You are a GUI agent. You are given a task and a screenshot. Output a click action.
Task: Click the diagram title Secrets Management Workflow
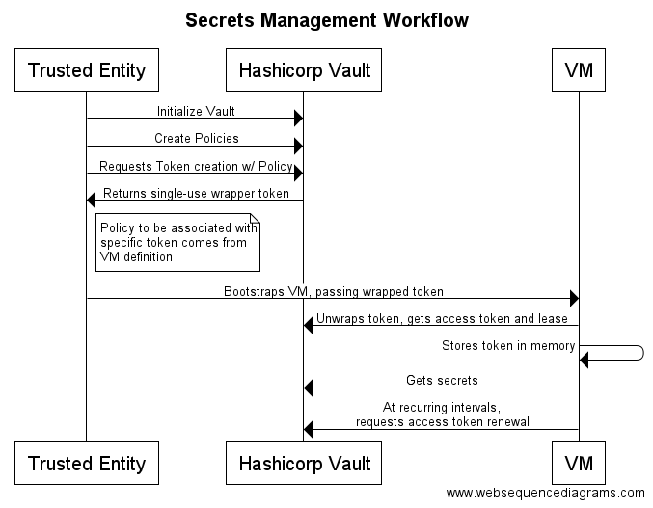[327, 20]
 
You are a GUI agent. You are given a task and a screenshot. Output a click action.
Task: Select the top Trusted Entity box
[87, 70]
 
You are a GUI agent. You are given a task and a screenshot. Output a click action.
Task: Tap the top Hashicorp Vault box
[304, 70]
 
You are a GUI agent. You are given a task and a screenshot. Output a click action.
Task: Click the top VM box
[579, 70]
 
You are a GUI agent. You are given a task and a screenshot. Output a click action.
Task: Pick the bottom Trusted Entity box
[87, 463]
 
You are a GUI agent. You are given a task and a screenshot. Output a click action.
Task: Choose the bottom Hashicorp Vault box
[304, 463]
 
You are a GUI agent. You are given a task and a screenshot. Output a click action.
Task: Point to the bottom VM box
[579, 463]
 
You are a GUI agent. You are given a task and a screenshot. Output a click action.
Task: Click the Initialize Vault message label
[196, 111]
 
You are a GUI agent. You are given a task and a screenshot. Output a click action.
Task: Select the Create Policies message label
[197, 138]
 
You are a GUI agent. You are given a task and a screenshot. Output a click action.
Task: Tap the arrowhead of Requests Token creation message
[299, 174]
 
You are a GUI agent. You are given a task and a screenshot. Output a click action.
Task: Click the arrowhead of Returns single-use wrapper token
[91, 201]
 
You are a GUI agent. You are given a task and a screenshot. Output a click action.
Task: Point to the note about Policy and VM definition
[177, 242]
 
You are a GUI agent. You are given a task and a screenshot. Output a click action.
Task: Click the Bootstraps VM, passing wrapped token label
[334, 291]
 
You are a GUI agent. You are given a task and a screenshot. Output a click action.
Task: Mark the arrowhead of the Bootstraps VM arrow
[574, 298]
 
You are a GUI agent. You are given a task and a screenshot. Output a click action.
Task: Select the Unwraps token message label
[442, 319]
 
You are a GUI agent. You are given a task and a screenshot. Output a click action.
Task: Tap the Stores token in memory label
[508, 346]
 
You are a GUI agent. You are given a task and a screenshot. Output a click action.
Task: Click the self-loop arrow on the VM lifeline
[643, 353]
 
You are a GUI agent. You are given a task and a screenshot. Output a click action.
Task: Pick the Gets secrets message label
[442, 380]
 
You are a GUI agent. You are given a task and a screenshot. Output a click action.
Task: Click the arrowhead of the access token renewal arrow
[308, 429]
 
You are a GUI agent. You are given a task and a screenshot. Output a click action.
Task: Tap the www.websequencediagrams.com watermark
[546, 493]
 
